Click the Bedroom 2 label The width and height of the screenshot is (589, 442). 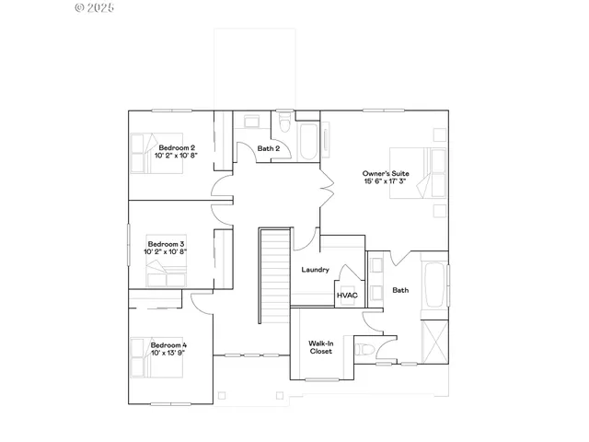(176, 147)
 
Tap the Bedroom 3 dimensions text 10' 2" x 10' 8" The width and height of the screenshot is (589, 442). (166, 250)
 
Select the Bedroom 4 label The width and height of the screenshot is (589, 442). (168, 344)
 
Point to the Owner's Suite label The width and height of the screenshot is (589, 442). (385, 172)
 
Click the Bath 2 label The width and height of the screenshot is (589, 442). (268, 148)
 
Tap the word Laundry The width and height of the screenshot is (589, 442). (316, 270)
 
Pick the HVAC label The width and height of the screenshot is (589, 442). (347, 296)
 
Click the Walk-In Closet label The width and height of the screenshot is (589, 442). (321, 347)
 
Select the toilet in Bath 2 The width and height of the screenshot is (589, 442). (284, 123)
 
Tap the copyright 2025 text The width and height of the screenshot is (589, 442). (94, 7)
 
